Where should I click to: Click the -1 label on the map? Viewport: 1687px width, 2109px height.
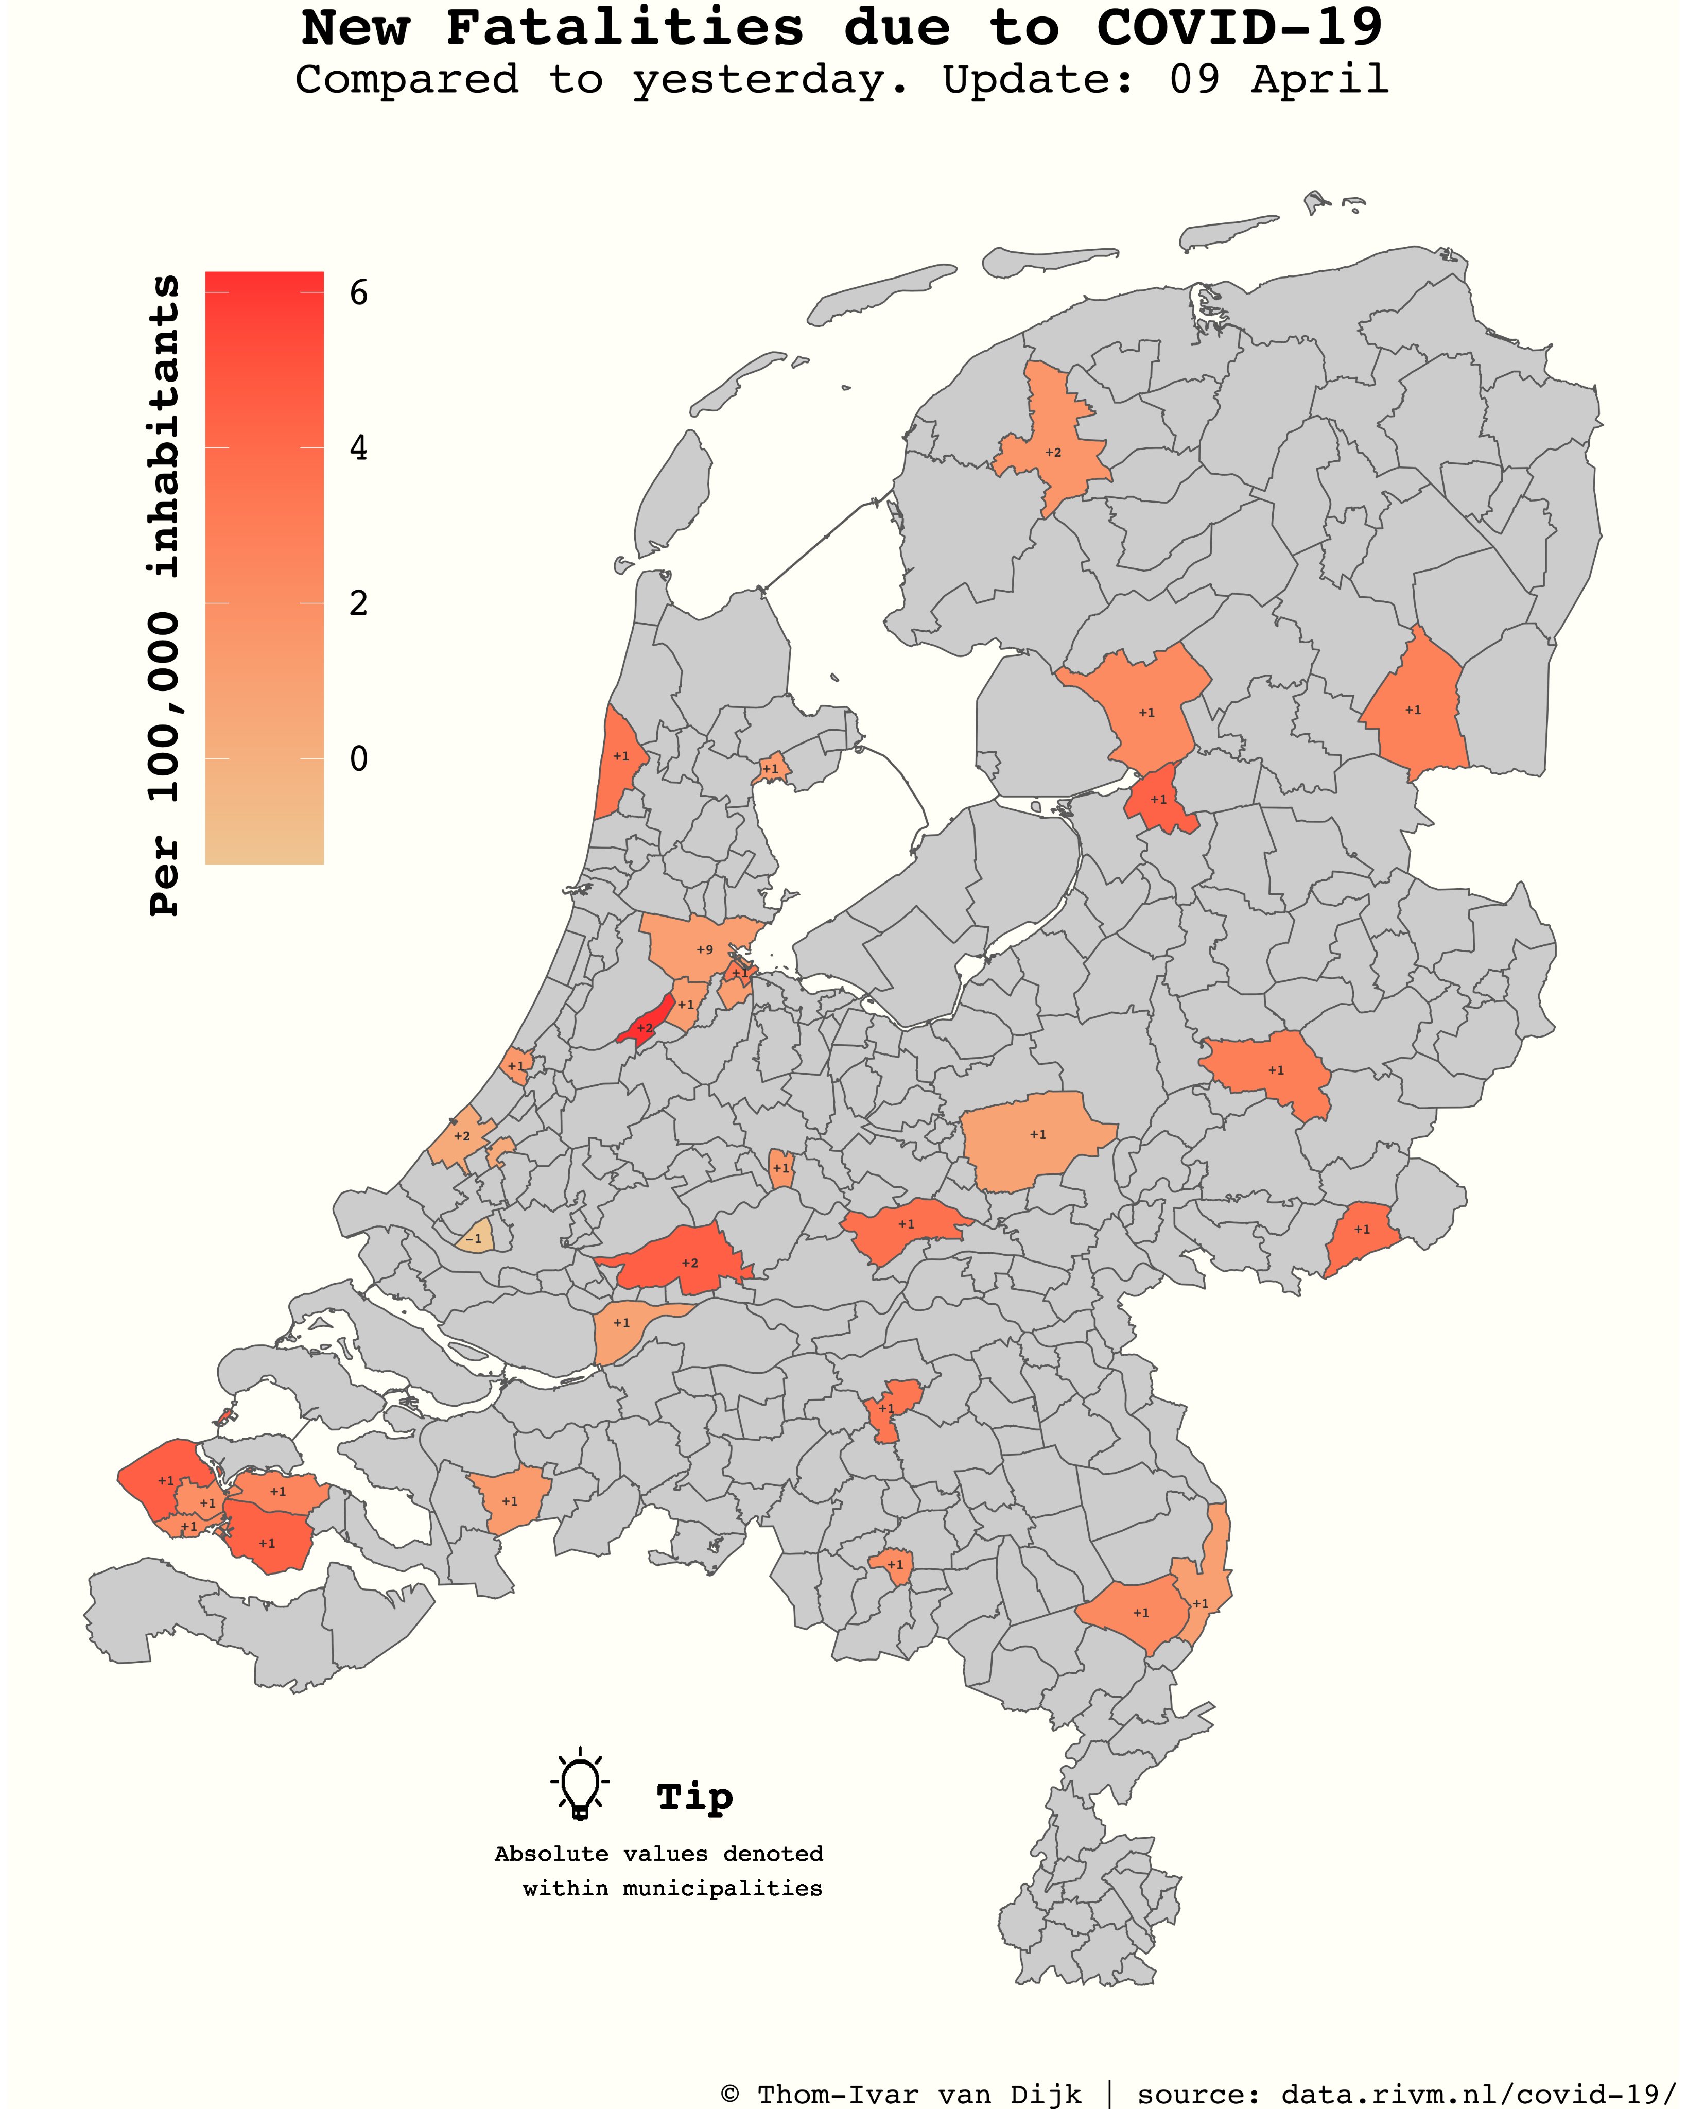[x=473, y=1238]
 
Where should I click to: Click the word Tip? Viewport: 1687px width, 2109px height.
[x=694, y=1797]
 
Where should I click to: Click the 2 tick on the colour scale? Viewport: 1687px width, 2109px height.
[x=359, y=603]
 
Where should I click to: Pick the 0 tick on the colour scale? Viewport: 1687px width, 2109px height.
[x=359, y=759]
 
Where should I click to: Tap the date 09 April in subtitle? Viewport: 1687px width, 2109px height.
[x=1278, y=79]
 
